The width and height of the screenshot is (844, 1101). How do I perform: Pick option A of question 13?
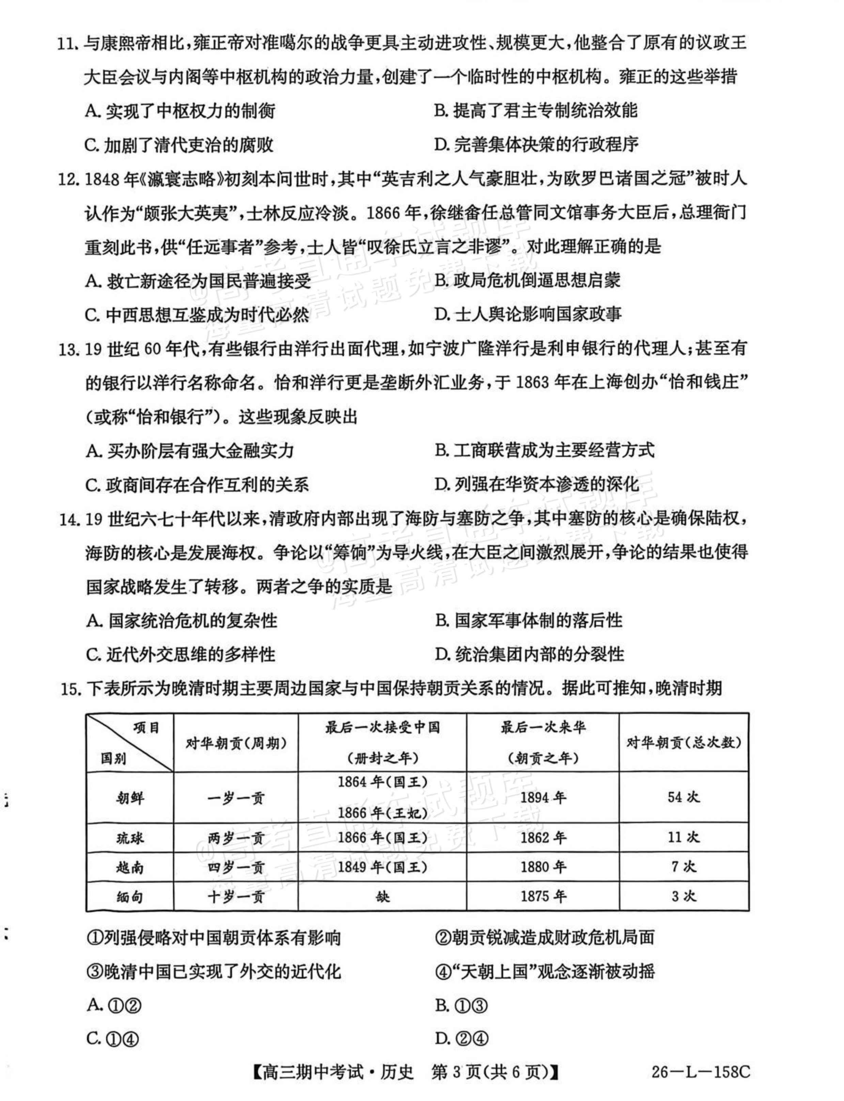[190, 451]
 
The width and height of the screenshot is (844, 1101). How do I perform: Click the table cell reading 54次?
[683, 797]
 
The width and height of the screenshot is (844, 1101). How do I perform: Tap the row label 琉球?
[130, 838]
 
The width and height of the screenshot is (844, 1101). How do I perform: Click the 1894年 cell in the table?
[543, 797]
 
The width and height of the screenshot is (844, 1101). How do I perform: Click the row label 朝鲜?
[130, 797]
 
